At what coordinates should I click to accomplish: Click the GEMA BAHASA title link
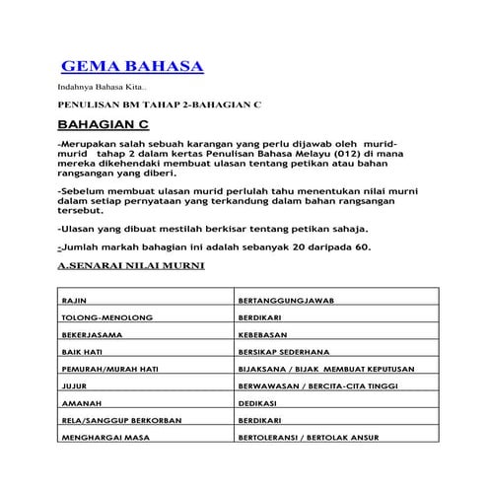point(132,67)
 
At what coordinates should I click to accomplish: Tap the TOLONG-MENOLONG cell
point(98,318)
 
